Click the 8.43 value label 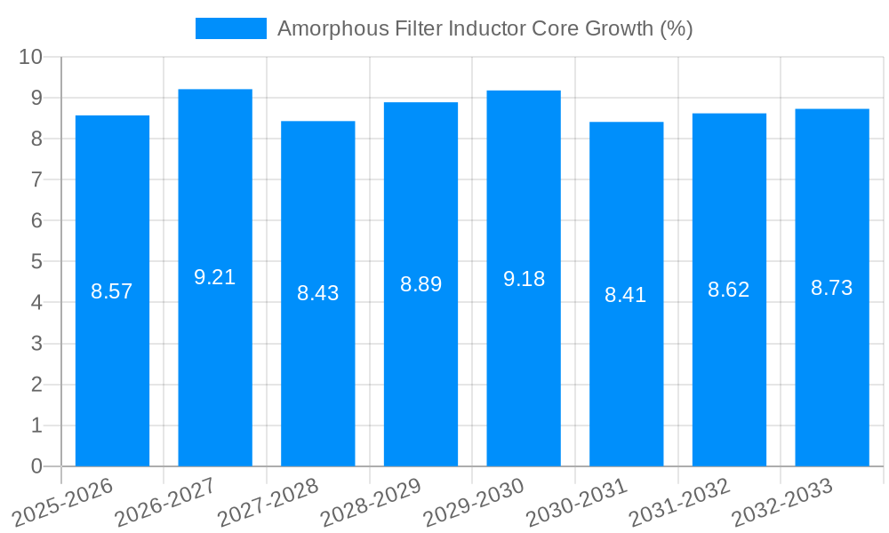click(318, 293)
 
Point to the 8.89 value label click(420, 284)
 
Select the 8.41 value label click(626, 295)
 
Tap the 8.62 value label click(729, 290)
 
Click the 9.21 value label click(215, 277)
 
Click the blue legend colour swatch click(231, 28)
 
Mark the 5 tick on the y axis click(36, 262)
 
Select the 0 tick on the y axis click(36, 466)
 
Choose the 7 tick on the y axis click(36, 179)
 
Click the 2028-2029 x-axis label click(371, 503)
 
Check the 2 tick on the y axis click(36, 385)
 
